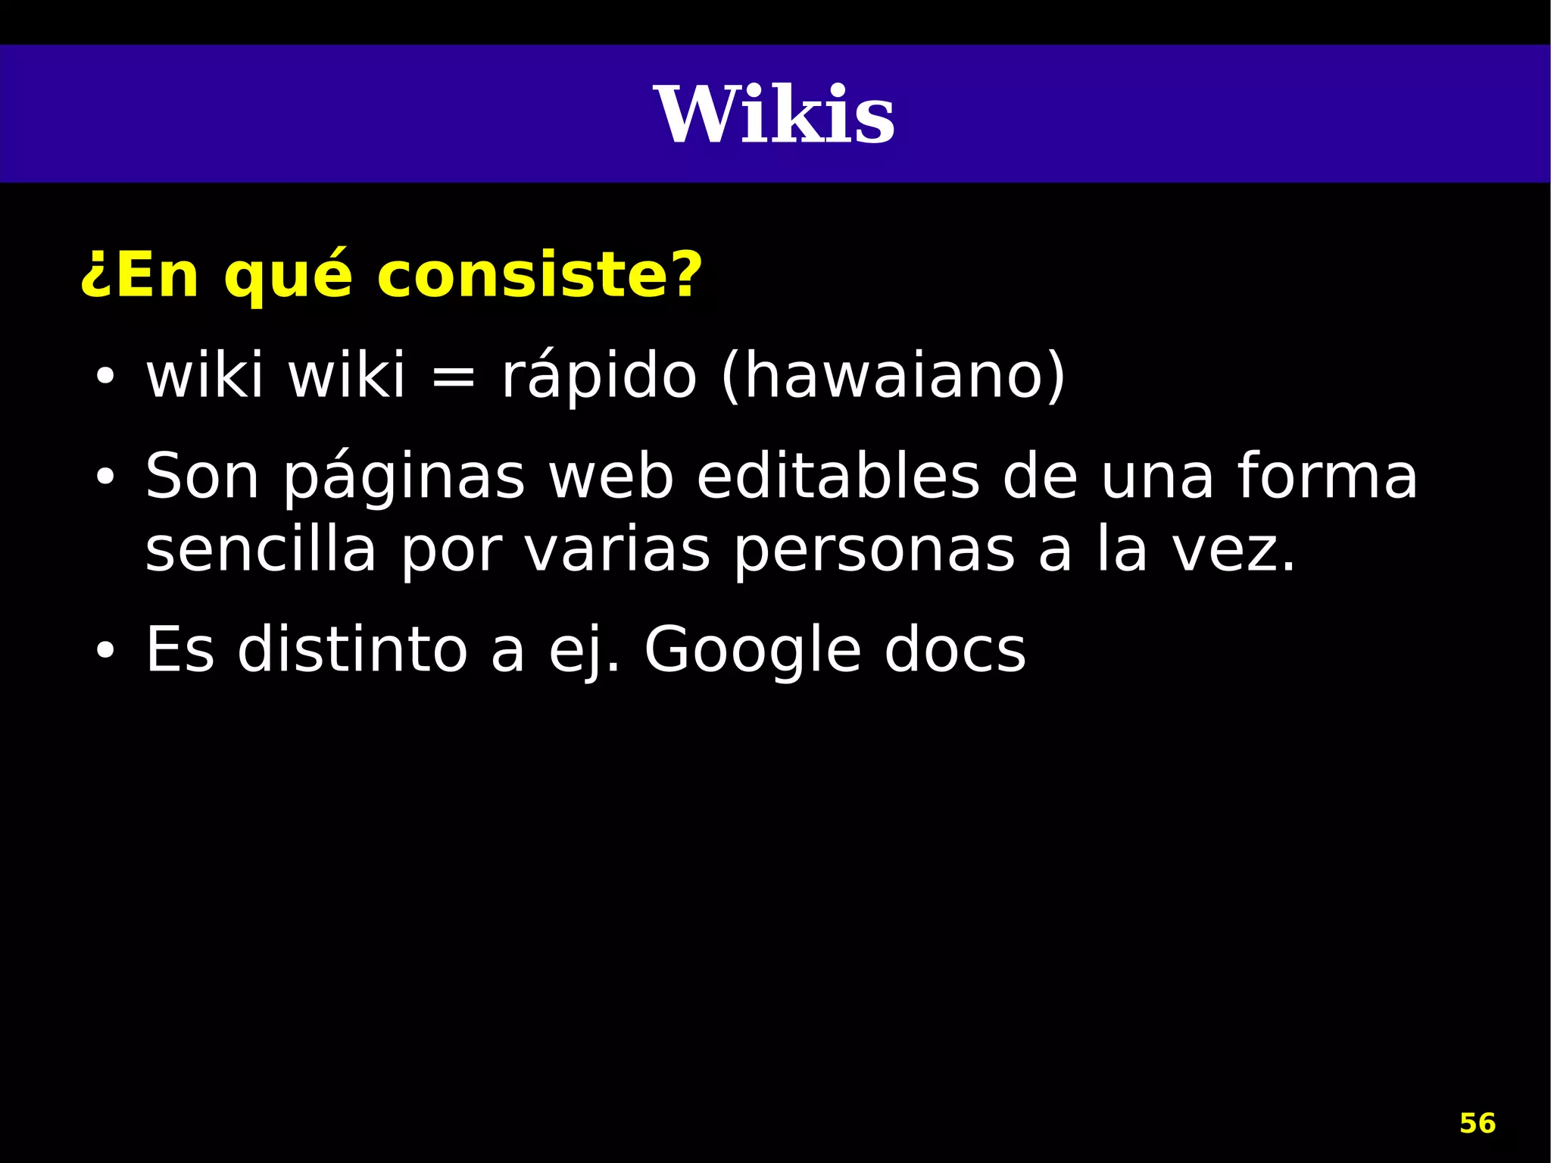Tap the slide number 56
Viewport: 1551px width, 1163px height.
click(1477, 1123)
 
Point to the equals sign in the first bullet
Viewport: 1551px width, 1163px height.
click(453, 377)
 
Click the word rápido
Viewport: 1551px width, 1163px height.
click(599, 377)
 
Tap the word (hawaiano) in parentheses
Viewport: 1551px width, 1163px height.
click(893, 377)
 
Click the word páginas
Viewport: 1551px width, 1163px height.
click(404, 477)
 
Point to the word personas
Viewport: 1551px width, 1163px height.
click(874, 551)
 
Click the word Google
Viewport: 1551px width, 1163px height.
click(753, 650)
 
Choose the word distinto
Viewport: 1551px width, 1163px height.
click(352, 650)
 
